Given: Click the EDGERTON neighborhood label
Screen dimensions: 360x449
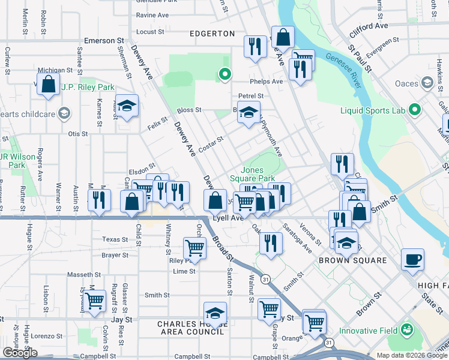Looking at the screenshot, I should point(212,34).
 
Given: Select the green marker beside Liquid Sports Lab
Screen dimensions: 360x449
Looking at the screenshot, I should point(414,110).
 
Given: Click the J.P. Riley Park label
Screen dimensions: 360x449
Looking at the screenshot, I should point(87,88).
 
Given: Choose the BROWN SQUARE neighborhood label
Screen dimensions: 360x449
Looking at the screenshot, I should point(352,260).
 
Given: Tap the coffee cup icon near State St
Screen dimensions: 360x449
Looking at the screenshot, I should point(412,260).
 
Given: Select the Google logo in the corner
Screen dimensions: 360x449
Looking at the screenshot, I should point(20,353).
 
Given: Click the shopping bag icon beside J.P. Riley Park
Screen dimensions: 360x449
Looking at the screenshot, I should point(48,85).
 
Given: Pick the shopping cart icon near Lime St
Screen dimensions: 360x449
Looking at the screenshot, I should point(194,247).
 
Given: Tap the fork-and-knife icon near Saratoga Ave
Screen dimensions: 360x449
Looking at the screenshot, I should point(271,243).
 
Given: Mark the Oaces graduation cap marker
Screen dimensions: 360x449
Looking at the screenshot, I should point(428,82).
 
